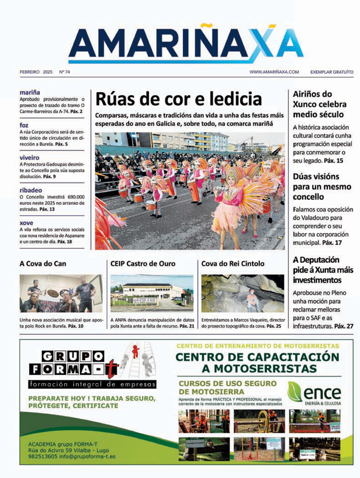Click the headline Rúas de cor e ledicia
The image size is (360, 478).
[179, 99]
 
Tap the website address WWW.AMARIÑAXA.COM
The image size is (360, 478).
[274, 72]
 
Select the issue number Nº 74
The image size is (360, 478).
[65, 72]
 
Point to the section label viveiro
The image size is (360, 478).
[30, 157]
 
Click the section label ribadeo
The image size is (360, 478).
[30, 189]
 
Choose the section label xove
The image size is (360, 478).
[26, 222]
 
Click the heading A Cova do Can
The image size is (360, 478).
[43, 264]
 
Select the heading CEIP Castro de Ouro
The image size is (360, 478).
[143, 264]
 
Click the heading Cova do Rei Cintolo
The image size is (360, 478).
[233, 264]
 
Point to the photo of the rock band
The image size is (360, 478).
[61, 294]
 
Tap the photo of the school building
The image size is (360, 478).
[152, 294]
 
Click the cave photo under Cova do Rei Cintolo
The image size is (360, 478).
[243, 294]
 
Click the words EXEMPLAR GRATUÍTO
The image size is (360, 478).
[332, 72]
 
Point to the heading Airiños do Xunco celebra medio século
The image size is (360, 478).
[318, 104]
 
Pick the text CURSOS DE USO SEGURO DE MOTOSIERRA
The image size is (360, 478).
[228, 388]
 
